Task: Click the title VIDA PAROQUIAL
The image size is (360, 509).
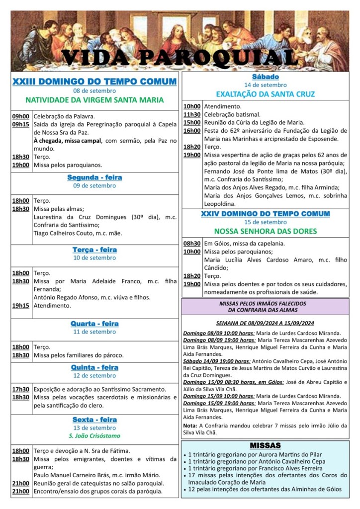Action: (x=180, y=58)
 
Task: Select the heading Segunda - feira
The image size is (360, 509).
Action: (x=94, y=177)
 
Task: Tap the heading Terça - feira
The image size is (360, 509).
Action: (x=94, y=250)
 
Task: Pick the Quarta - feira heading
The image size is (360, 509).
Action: (x=94, y=324)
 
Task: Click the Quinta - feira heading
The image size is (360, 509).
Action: (x=94, y=367)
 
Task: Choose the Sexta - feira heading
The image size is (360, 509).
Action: (x=94, y=420)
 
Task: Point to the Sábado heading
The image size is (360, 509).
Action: (x=265, y=77)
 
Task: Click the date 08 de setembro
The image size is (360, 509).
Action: (x=94, y=90)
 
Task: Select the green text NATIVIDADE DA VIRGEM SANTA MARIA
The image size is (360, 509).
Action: (x=94, y=100)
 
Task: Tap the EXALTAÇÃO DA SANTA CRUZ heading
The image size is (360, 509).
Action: (x=265, y=94)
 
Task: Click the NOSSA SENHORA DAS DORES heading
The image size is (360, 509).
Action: (x=265, y=231)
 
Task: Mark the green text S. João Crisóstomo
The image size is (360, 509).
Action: (x=94, y=436)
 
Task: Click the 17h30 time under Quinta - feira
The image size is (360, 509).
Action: (x=21, y=389)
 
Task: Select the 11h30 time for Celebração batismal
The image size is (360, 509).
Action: (x=192, y=114)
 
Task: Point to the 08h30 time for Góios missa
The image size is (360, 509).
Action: (x=192, y=244)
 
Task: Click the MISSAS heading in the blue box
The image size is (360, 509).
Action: (x=265, y=445)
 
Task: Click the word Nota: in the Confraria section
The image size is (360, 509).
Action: (x=189, y=425)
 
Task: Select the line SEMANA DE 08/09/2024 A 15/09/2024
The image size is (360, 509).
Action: (x=265, y=323)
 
